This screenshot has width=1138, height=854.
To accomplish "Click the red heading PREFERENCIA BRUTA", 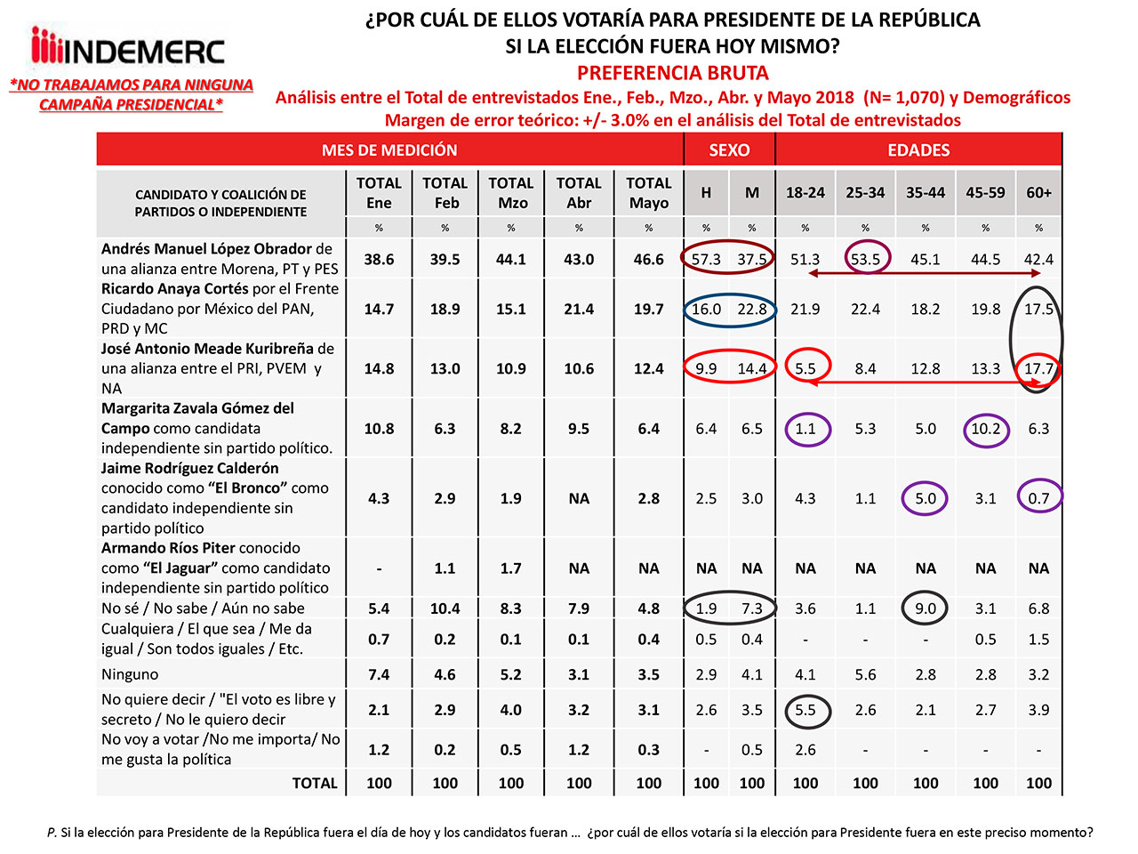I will (x=672, y=73).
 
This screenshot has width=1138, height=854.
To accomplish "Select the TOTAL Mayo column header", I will (x=648, y=193).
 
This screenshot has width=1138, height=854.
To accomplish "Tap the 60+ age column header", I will (x=1038, y=192).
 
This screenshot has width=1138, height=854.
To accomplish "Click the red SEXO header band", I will (x=729, y=150).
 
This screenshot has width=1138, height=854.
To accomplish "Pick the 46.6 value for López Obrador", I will (x=648, y=260).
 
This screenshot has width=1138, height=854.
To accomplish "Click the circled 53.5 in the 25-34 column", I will (x=865, y=260).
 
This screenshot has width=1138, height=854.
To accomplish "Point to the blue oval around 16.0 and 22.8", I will (x=729, y=310).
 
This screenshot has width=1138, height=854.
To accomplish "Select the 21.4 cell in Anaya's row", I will (x=579, y=310).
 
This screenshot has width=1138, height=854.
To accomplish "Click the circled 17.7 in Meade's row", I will (x=1038, y=368).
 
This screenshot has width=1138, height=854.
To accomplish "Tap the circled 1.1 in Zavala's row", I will (x=805, y=429).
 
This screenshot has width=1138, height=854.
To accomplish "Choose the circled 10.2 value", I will (x=985, y=429).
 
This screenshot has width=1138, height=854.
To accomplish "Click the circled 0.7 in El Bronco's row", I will (x=1038, y=498).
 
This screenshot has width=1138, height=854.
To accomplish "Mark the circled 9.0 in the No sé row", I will (x=926, y=608).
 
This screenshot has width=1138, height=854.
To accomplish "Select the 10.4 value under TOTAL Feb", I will (x=445, y=608).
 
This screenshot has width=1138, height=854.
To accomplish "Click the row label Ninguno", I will (x=130, y=674).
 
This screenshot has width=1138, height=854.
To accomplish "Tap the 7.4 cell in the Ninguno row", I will (x=379, y=674).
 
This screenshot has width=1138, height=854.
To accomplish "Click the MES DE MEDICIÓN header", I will (x=389, y=150).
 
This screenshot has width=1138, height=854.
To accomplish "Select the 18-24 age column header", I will (x=805, y=192).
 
